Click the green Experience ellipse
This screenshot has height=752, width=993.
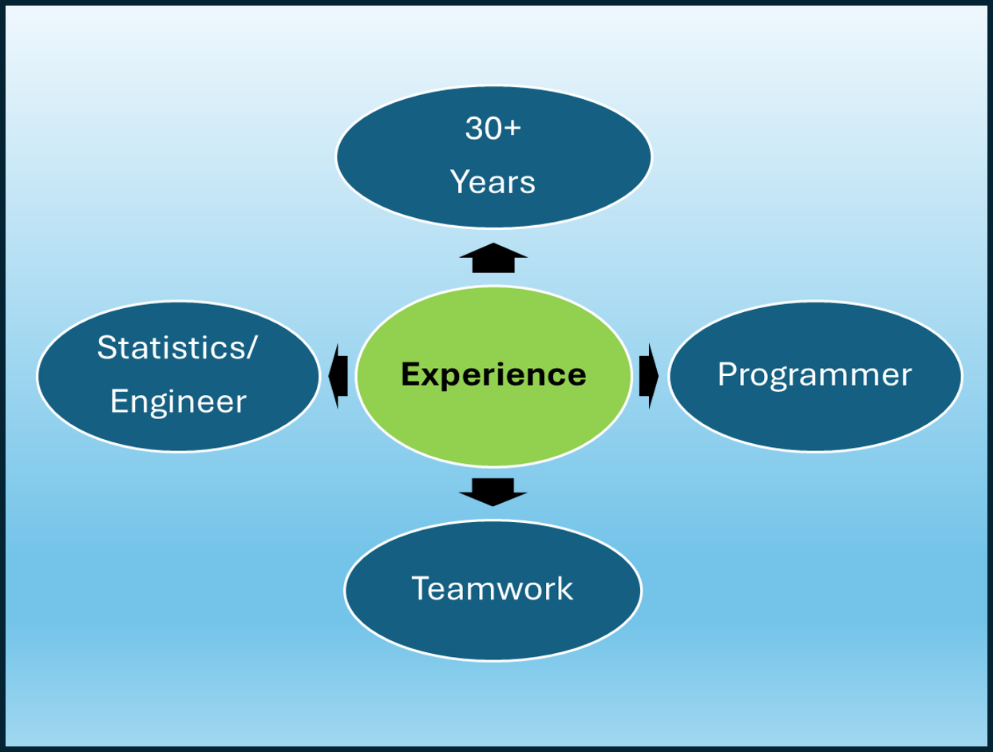(493, 415)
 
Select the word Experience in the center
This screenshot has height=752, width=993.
(493, 374)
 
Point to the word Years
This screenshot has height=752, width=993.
(493, 182)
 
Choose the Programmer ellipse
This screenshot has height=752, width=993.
(815, 415)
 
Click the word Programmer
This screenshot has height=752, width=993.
(814, 374)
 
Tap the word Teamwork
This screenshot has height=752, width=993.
(493, 589)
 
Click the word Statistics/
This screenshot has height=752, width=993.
(176, 347)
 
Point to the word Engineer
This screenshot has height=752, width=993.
(177, 402)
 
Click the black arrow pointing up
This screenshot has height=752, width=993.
(493, 258)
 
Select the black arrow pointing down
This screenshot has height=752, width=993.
(493, 491)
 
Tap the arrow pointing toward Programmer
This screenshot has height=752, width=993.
(648, 375)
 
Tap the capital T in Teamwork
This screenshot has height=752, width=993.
(420, 589)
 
